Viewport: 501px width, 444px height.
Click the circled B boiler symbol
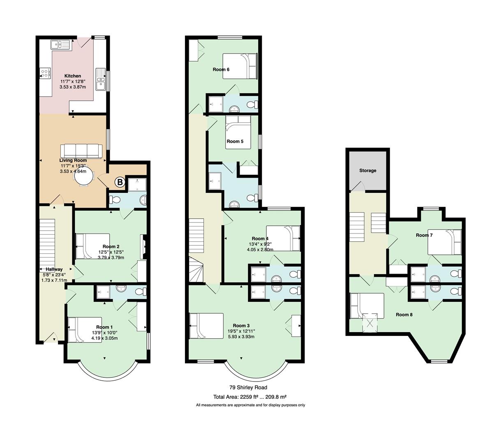click(x=120, y=183)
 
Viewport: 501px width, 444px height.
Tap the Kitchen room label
click(x=73, y=76)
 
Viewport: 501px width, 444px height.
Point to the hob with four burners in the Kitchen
click(x=45, y=73)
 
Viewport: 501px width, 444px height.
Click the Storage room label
click(x=368, y=171)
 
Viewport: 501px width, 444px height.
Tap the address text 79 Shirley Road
click(x=248, y=387)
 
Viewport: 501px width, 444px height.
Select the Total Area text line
click(x=250, y=397)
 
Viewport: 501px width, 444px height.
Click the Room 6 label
click(x=221, y=69)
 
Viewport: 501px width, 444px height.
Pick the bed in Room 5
click(x=238, y=132)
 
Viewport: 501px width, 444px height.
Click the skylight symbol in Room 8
click(x=370, y=323)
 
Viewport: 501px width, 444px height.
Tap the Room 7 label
click(x=424, y=235)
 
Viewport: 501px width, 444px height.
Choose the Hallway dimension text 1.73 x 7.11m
click(x=54, y=280)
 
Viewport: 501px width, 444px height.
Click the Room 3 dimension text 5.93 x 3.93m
click(x=241, y=336)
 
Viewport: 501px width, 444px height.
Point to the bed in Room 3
click(x=206, y=326)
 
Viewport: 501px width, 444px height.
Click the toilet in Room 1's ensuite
click(x=141, y=291)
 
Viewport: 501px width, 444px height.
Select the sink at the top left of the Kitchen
click(x=61, y=45)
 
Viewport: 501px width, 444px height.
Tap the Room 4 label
click(x=260, y=239)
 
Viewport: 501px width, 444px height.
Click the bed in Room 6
click(x=240, y=66)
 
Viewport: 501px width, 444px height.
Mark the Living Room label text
click(x=73, y=160)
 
